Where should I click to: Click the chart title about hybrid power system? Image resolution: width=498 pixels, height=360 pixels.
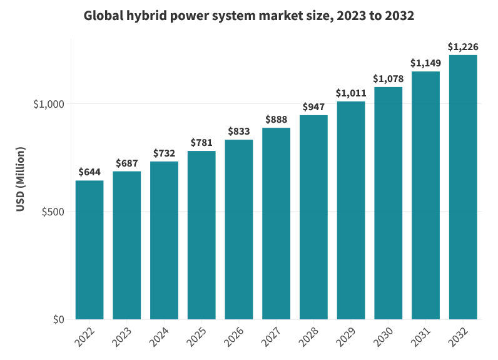click(x=248, y=16)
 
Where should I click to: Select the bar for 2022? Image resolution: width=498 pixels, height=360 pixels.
click(x=89, y=250)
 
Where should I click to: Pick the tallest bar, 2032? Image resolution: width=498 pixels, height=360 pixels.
click(x=463, y=188)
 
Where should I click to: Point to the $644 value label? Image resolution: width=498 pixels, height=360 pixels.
click(x=89, y=172)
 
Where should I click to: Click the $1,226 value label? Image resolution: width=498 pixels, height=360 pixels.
click(x=463, y=47)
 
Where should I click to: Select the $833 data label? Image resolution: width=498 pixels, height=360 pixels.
click(x=239, y=131)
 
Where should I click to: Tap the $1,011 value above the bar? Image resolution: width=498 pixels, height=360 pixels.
click(x=351, y=93)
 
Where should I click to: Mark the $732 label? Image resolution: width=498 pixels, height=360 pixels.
click(x=164, y=153)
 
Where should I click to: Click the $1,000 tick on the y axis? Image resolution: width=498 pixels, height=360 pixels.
click(x=49, y=104)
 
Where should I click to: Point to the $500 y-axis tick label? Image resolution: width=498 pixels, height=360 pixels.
click(x=53, y=212)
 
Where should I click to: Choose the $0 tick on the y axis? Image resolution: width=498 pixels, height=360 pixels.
click(x=58, y=320)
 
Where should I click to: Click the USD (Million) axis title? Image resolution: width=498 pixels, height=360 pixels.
click(x=21, y=180)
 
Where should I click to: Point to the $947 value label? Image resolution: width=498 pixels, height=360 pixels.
click(x=313, y=107)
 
